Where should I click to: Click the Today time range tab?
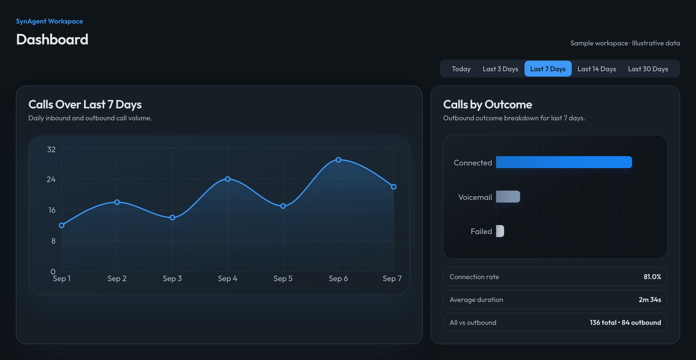461,69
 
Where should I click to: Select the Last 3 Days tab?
500,69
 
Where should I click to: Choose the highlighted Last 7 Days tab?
548,69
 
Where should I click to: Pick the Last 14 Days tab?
597,69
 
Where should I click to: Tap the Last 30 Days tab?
648,69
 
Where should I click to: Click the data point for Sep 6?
338,160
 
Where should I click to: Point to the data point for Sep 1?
62,225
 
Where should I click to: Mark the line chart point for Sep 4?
228,179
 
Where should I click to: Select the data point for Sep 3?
172,218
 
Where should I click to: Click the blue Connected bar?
564,162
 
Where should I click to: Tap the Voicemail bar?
508,197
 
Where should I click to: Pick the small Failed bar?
500,231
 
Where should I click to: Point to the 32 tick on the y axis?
51,150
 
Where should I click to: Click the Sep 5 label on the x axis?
283,278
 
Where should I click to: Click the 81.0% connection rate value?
652,277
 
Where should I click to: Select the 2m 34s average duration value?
650,300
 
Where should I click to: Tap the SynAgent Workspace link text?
49,21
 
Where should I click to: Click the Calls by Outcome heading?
488,105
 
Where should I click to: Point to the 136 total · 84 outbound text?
625,323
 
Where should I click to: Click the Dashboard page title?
52,39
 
